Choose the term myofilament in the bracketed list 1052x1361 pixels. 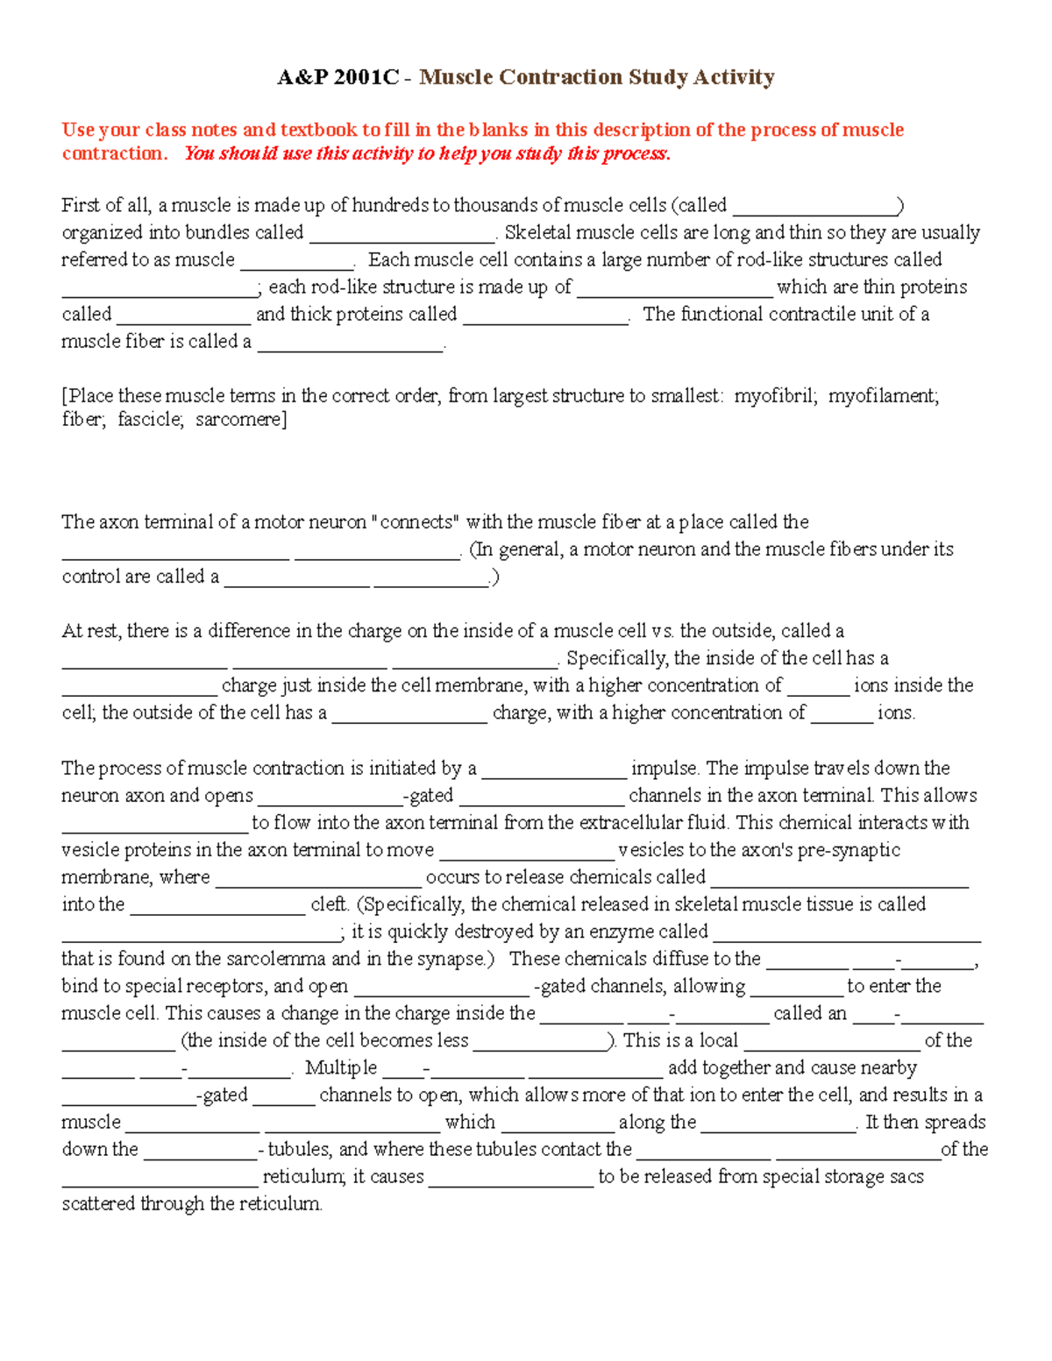[x=883, y=395]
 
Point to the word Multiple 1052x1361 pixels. [x=341, y=1067]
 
